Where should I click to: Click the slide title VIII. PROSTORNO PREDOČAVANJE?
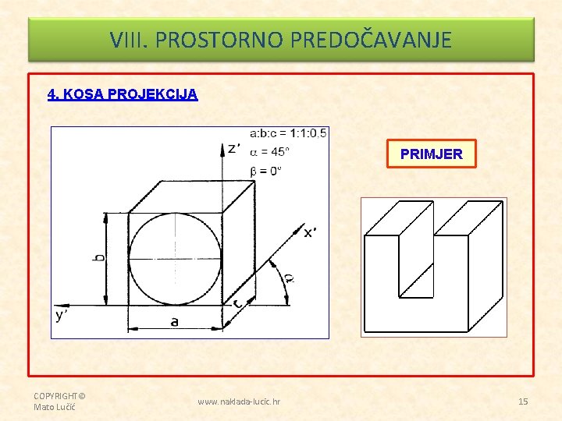pos(281,39)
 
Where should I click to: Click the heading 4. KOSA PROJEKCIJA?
pos(123,94)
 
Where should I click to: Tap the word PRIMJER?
pos(431,154)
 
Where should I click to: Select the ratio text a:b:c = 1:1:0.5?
pos(288,133)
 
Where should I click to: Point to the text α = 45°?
pos(269,151)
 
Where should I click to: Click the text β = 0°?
pos(265,170)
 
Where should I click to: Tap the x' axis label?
pos(310,232)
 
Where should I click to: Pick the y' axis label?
pos(62,315)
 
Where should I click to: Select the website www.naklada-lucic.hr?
pos(240,402)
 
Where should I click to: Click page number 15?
pos(523,402)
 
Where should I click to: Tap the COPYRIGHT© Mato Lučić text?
pos(59,401)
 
